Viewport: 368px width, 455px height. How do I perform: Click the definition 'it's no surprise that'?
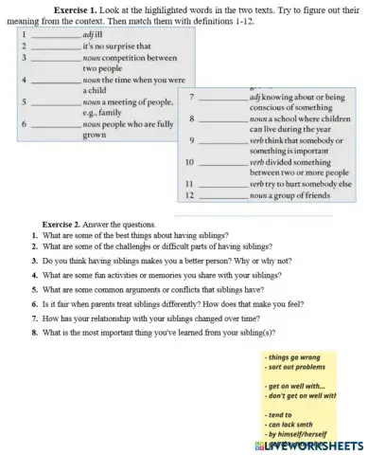point(117,45)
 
